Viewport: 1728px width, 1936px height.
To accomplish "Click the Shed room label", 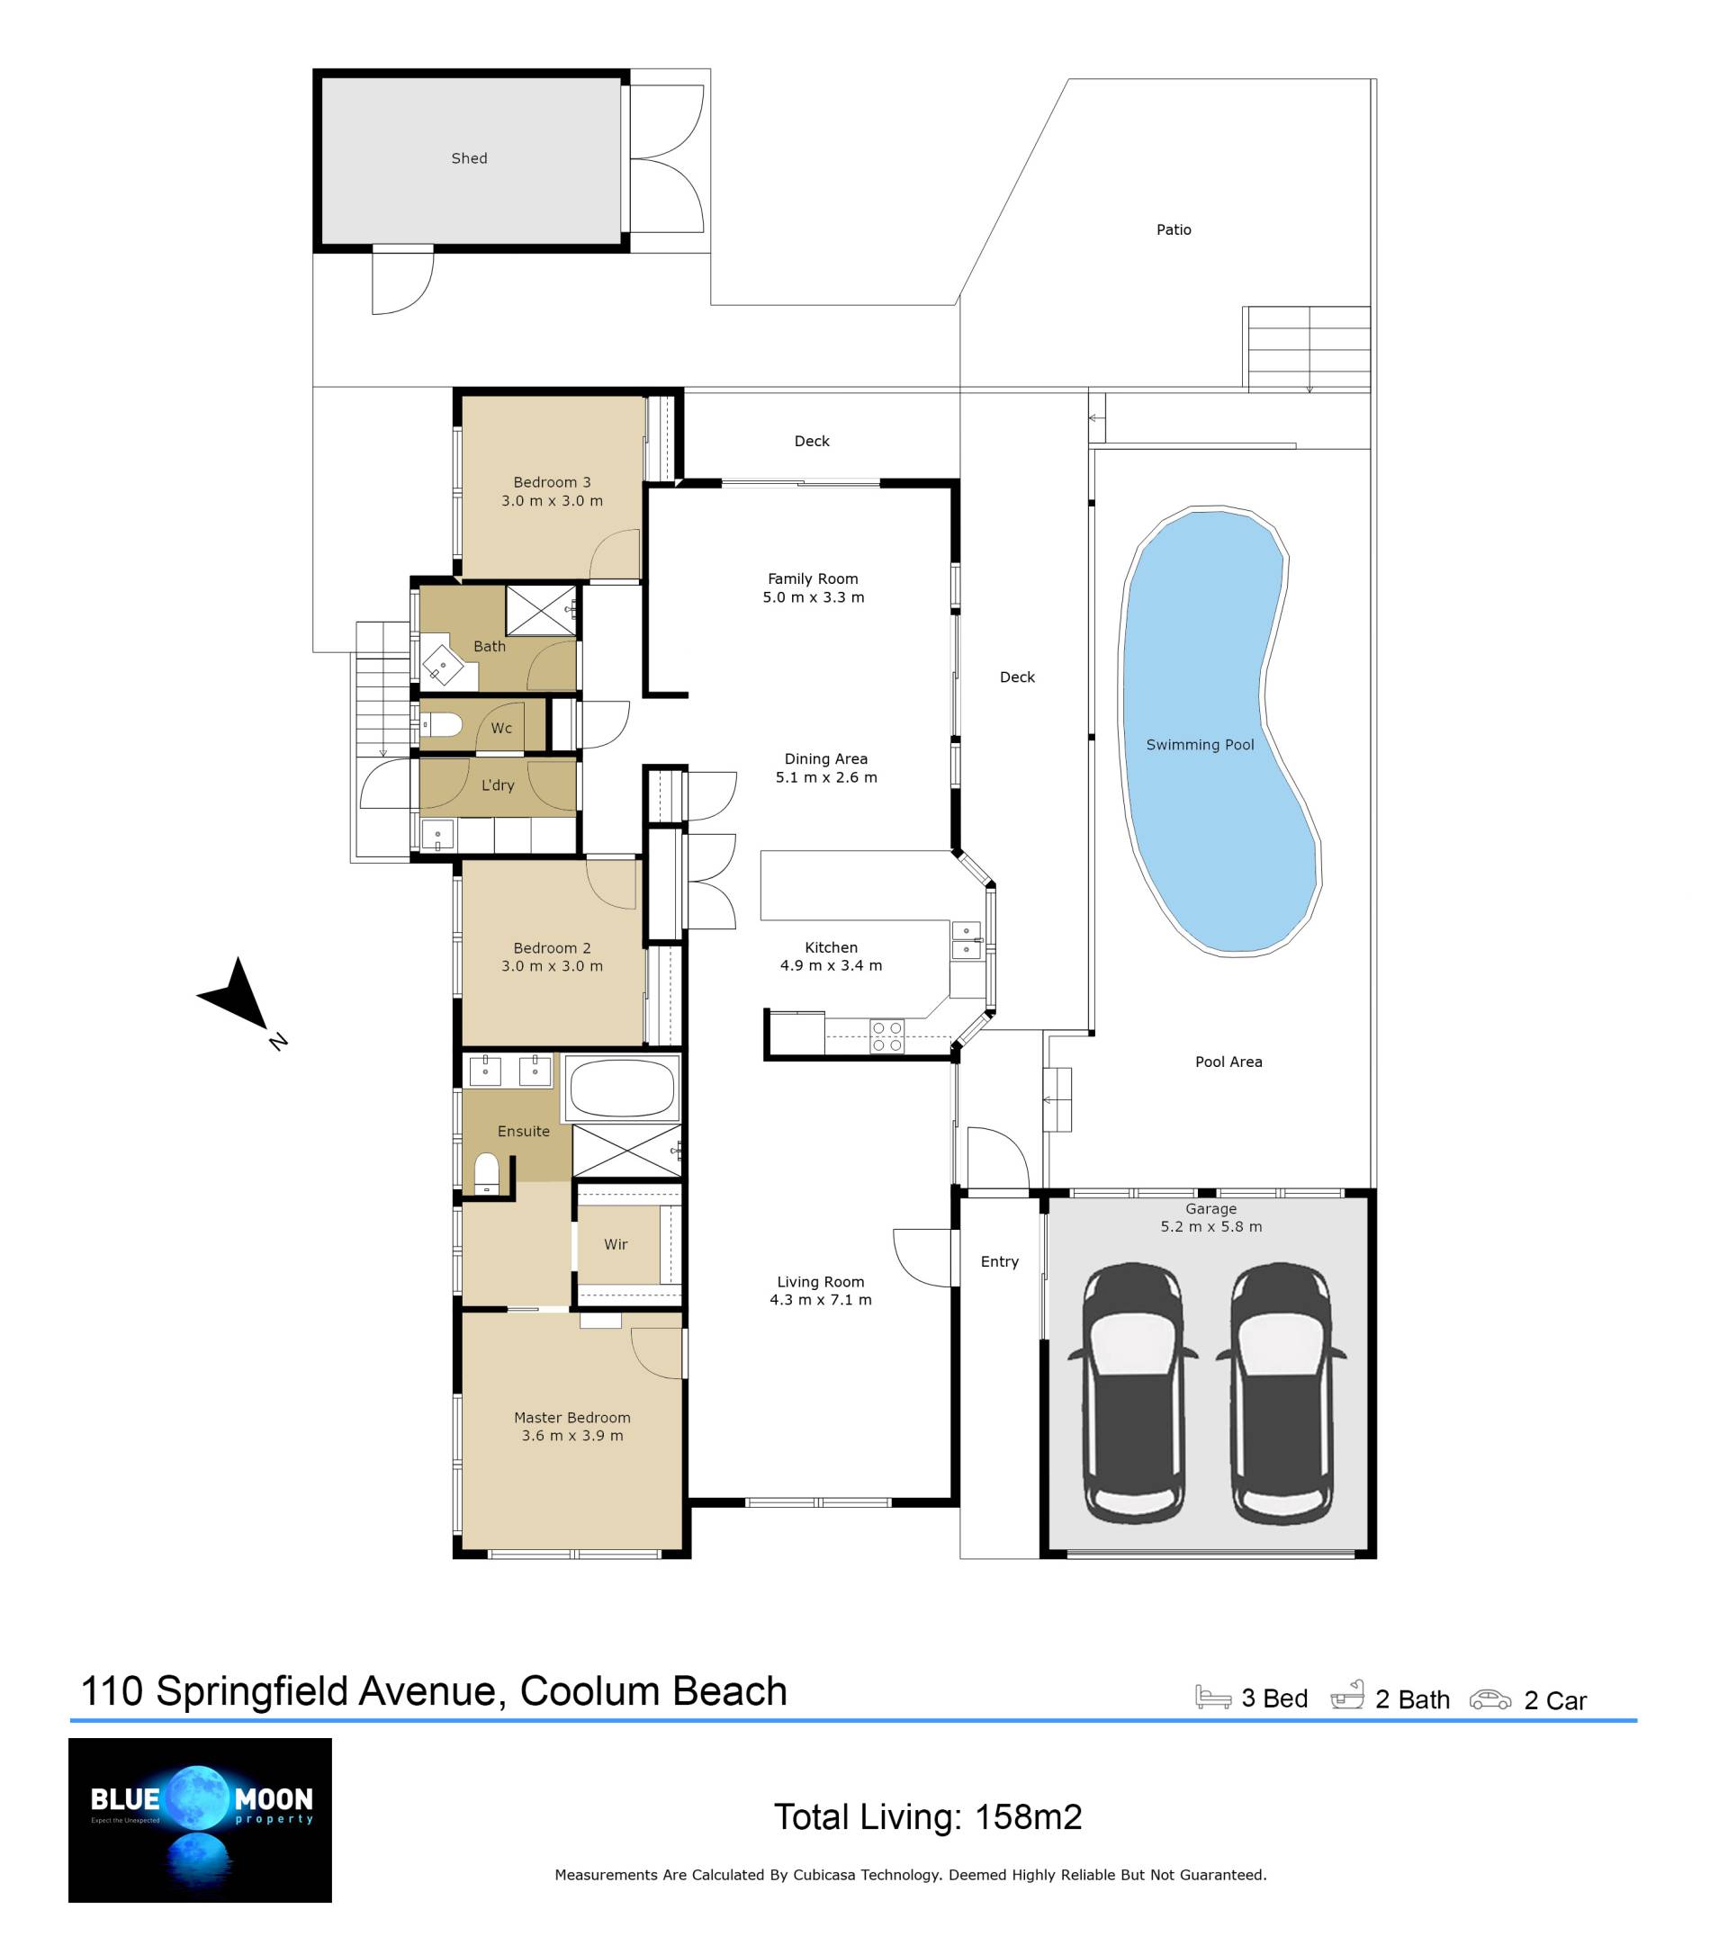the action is click(469, 158).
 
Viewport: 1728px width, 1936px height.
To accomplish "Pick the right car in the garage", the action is click(1281, 1394).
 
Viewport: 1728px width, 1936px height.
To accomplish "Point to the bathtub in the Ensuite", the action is click(622, 1088).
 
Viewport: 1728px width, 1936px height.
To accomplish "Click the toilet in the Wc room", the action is click(443, 725).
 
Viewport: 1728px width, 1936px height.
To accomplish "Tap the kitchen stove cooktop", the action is click(886, 1035).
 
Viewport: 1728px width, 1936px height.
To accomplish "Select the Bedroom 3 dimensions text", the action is click(552, 501).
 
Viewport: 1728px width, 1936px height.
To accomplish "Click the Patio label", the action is click(1174, 229).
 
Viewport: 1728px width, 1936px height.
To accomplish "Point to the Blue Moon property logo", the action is click(201, 1819).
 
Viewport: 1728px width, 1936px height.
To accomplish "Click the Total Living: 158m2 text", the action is click(928, 1816).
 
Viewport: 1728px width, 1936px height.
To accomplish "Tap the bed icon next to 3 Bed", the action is click(1212, 1697).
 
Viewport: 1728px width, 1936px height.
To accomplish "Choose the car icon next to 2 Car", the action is click(1489, 1698).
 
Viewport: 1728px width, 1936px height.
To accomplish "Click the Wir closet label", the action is click(616, 1244).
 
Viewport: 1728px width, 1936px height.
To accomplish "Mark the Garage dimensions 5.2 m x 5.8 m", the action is click(1210, 1226).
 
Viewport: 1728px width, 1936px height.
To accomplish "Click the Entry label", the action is click(999, 1261).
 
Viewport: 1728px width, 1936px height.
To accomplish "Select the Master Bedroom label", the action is click(571, 1417).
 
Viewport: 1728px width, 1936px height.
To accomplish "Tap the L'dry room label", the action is click(498, 784).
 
